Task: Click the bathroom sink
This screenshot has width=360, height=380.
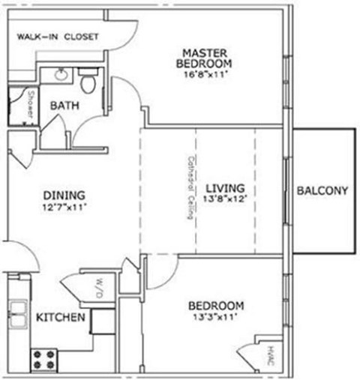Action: (61, 76)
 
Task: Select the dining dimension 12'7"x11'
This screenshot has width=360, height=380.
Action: (64, 207)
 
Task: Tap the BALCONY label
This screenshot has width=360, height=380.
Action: (322, 191)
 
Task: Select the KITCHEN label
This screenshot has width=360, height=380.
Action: (60, 318)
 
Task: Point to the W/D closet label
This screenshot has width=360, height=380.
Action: (98, 286)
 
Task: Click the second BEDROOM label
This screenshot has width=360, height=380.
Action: (216, 306)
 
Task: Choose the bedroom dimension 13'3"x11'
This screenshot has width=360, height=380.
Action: (216, 318)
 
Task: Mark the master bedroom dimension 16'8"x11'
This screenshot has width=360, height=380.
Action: (204, 74)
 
